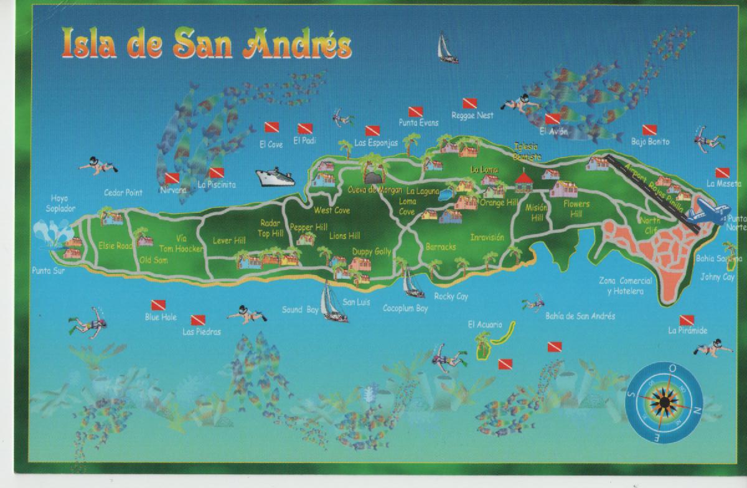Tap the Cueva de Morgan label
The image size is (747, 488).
[371, 189]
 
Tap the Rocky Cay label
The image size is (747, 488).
[451, 297]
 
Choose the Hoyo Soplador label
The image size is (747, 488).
[60, 204]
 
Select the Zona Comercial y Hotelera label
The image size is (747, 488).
[626, 286]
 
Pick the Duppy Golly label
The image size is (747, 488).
[371, 251]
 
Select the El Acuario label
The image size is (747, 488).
[483, 324]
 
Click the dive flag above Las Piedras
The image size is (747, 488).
[198, 320]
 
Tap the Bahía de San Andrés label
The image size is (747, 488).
[580, 316]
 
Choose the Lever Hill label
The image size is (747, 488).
[229, 240]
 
